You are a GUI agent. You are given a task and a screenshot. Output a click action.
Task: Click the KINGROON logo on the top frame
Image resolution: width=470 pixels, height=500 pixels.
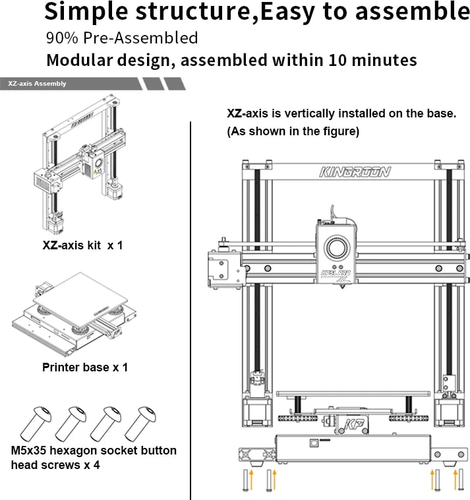pos(355,172)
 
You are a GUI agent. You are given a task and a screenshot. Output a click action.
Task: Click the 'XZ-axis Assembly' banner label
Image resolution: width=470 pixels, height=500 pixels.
pos(37,84)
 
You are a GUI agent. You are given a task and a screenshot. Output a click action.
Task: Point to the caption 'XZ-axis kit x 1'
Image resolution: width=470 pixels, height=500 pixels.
pos(82,245)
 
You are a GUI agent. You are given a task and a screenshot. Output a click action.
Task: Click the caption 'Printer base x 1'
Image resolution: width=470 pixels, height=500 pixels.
pos(85,367)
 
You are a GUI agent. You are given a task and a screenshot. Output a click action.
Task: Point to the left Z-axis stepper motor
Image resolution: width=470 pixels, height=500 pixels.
pos(254,413)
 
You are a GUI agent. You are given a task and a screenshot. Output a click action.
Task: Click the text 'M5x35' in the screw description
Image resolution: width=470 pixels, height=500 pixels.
pos(29,451)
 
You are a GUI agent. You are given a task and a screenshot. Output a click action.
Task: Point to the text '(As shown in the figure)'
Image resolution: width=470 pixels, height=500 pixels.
pos(293,131)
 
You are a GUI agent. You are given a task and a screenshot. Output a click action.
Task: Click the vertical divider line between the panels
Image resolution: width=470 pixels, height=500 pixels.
pos(191,310)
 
